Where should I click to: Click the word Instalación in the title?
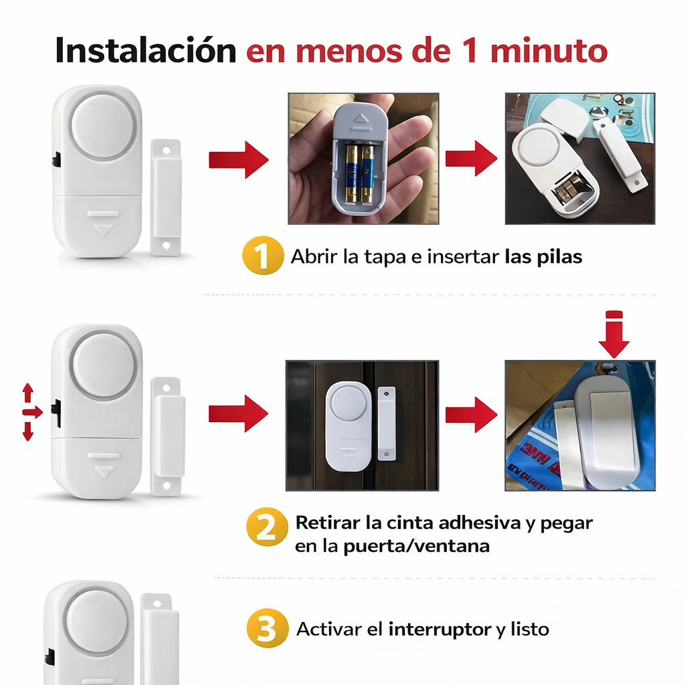[x=145, y=51]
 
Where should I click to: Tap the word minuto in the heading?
[x=549, y=51]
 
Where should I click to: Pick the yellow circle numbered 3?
[x=267, y=629]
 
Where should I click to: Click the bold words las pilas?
[x=543, y=258]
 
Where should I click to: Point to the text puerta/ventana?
[x=416, y=546]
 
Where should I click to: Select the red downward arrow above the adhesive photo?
[x=613, y=334]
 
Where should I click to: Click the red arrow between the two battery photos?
[x=471, y=159]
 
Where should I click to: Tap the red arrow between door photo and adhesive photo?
[x=471, y=414]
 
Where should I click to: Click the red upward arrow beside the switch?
[x=27, y=393]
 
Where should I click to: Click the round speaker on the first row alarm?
[x=104, y=125]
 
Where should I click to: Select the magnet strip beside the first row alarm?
[x=165, y=197]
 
